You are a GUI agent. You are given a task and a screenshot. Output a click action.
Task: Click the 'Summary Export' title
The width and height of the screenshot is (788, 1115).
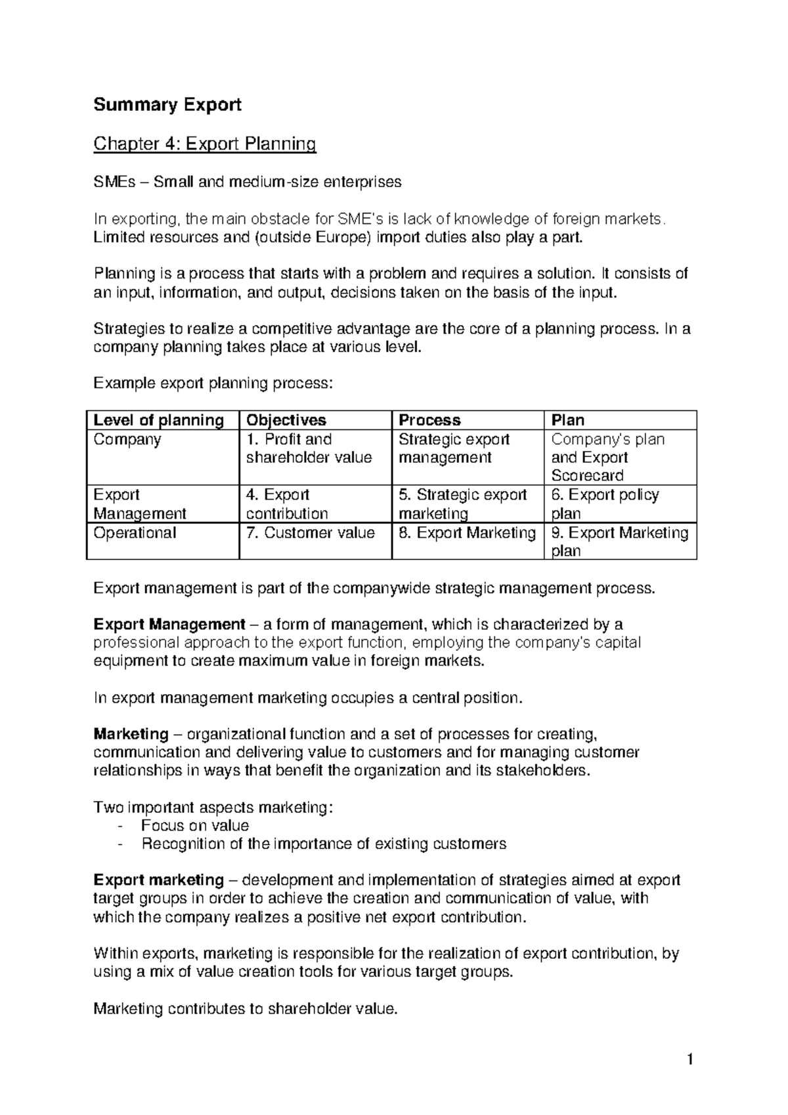pyautogui.click(x=167, y=104)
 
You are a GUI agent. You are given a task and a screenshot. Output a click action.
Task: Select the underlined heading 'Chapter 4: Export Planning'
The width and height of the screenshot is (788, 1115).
pyautogui.click(x=205, y=143)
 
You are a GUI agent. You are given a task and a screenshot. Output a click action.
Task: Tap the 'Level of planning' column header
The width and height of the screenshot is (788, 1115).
pyautogui.click(x=158, y=420)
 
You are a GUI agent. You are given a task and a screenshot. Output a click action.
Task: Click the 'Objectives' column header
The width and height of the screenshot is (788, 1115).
pyautogui.click(x=286, y=420)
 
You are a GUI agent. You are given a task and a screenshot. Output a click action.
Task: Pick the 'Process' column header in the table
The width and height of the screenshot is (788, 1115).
pyautogui.click(x=429, y=420)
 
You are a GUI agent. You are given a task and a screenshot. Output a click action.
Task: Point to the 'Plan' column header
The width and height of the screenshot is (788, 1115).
pyautogui.click(x=567, y=420)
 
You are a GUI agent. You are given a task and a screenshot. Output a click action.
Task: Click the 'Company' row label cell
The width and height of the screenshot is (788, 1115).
pyautogui.click(x=127, y=439)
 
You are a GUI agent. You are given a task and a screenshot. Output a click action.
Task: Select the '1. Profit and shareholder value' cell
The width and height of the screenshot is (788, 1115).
pyautogui.click(x=309, y=448)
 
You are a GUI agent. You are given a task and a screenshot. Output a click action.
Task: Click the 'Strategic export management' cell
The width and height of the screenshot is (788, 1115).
pyautogui.click(x=454, y=448)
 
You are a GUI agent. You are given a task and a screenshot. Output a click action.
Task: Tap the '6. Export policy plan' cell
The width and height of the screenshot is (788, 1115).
pyautogui.click(x=605, y=504)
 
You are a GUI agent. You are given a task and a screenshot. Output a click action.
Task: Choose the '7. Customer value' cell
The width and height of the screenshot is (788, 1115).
pyautogui.click(x=310, y=533)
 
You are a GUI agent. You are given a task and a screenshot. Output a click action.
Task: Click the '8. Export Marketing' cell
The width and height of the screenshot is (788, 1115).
pyautogui.click(x=467, y=533)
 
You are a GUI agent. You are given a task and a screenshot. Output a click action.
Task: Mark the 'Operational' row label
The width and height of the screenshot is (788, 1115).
pyautogui.click(x=135, y=533)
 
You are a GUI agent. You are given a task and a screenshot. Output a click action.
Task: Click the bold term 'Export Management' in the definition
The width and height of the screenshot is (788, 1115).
pyautogui.click(x=169, y=624)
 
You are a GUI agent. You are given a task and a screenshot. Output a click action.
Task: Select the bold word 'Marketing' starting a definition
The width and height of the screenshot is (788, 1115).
pyautogui.click(x=131, y=733)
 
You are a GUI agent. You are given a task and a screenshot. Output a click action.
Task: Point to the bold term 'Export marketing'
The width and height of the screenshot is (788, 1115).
pyautogui.click(x=158, y=880)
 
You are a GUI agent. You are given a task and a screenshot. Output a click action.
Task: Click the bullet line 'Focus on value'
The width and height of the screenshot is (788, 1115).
pyautogui.click(x=195, y=825)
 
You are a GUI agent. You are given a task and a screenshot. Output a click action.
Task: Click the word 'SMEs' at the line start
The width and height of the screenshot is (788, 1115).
pyautogui.click(x=113, y=182)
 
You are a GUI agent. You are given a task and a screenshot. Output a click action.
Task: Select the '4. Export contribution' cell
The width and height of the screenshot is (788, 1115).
pyautogui.click(x=287, y=504)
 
